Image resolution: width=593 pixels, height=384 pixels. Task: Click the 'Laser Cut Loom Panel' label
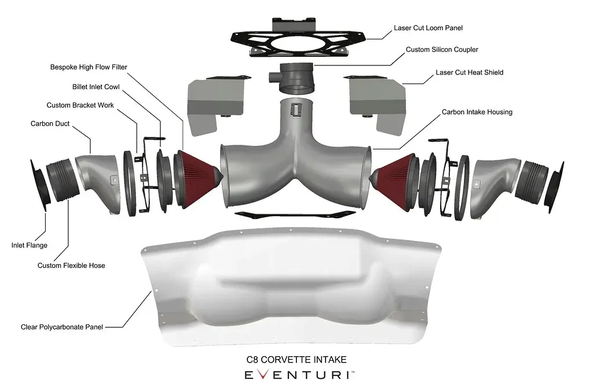coord(428,28)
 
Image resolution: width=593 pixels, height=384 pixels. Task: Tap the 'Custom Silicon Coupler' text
coord(442,50)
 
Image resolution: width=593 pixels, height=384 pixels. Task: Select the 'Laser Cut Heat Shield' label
coord(469,72)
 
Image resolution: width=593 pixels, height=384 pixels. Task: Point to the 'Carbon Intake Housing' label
coord(477,112)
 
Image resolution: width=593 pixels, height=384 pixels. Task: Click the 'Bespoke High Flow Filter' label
coord(89,67)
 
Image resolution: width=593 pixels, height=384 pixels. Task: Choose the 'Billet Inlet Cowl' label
coord(96,87)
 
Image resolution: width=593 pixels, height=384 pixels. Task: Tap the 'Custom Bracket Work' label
coord(80,105)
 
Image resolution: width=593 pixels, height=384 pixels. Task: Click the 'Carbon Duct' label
coord(50,124)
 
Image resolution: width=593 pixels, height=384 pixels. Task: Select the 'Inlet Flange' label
coord(29,245)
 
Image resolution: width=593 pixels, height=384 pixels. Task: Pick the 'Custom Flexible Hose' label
coord(71,266)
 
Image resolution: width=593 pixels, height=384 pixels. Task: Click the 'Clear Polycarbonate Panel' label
coord(61,327)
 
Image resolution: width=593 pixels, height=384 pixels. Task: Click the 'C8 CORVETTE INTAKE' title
coord(296,360)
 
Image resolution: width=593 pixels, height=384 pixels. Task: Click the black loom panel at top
coord(299,38)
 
